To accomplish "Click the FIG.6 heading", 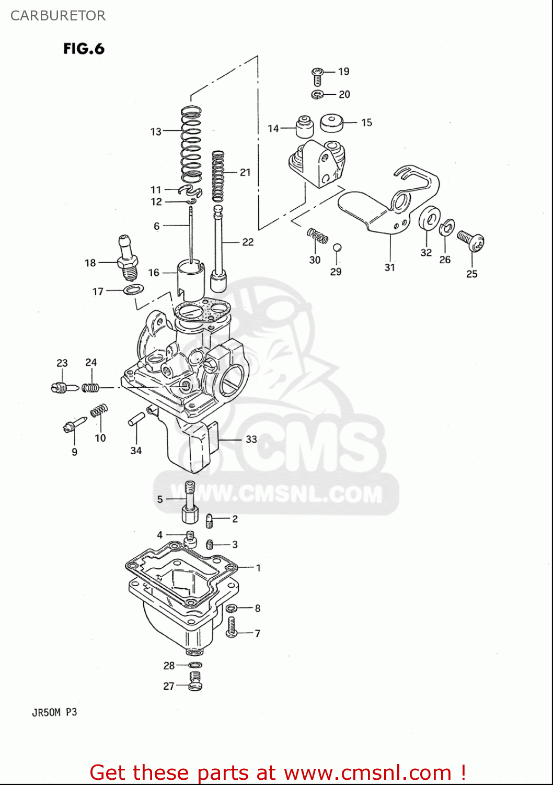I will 84,49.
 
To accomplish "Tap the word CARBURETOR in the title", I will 58,16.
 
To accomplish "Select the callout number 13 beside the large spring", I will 156,131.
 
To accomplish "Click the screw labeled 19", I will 317,76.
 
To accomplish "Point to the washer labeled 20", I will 317,95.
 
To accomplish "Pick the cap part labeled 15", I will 331,123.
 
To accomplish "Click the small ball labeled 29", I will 337,247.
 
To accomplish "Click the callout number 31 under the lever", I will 389,267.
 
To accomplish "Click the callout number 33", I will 251,439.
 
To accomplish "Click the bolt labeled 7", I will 232,627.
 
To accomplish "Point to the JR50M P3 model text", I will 54,712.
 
